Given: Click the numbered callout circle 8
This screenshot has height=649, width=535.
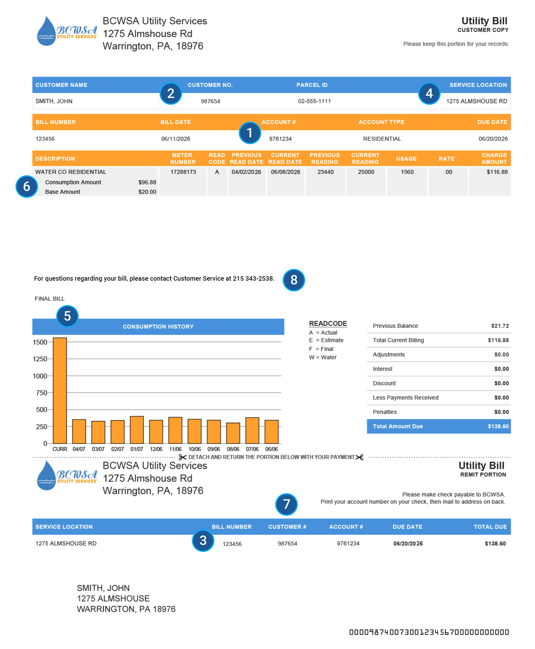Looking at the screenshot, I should coord(294,280).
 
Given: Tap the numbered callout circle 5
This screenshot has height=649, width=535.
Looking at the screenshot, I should coord(67,316).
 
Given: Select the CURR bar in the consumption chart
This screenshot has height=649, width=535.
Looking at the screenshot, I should coord(60,390).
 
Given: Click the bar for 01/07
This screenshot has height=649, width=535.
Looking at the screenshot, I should coord(137,430).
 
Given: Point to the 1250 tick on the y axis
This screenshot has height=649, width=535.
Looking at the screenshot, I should coord(40,359).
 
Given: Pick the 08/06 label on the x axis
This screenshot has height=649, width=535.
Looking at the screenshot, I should coord(233,449).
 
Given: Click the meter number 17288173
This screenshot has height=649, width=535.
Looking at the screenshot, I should coord(183,172).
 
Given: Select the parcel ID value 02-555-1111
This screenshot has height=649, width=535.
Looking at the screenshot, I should coord(314,101).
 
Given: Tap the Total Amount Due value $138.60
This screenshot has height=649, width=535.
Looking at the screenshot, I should coord(498,426).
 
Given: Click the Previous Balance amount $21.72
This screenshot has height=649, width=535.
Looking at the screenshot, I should coord(500,326).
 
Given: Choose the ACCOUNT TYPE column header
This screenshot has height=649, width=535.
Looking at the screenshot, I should coord(381,122).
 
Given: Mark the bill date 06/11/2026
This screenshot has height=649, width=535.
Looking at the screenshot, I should coord(176,139).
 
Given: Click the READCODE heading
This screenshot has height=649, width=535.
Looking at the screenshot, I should coord(328,323).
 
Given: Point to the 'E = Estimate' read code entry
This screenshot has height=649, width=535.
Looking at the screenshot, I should coord(326,340).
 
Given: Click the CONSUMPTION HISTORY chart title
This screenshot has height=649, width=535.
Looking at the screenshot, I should coord(158,327).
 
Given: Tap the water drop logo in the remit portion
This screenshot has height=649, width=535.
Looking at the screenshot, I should coord(46,475).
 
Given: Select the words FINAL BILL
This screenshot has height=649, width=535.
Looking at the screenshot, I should coord(49,299).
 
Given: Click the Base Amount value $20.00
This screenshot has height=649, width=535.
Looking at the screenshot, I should coord(147,192).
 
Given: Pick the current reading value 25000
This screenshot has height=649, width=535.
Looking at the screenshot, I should coord(366,172).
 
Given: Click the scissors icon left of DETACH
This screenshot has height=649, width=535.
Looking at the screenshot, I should coord(182,457).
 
